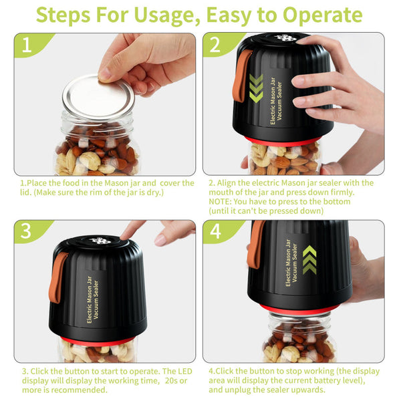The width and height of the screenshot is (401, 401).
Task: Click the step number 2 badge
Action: coord(215,45)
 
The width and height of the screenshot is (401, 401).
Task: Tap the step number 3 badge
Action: coord(27,231)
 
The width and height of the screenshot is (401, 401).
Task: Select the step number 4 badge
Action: coord(215,231)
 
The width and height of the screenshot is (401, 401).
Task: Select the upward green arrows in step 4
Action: coord(309,259)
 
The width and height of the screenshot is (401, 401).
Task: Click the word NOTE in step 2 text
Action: coord(221,201)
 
